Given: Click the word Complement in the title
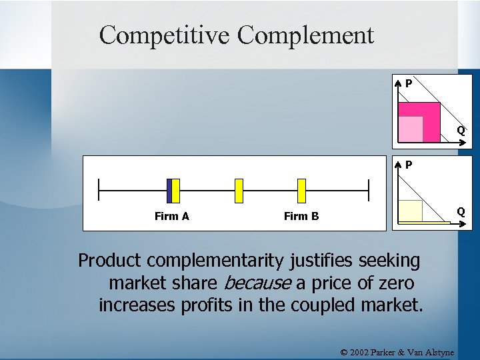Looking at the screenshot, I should pos(305,35).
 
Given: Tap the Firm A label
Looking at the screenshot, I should pos(171,216).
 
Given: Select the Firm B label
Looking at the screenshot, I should pos(301,216).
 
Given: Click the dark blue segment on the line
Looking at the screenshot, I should pos(169,190).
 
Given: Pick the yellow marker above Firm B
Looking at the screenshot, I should pos(301,190).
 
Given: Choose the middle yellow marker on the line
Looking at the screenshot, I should pos(239,190).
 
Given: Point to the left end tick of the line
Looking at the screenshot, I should pos(99,190).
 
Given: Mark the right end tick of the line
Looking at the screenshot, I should pos(368,190).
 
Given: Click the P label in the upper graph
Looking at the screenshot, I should pos(408,84).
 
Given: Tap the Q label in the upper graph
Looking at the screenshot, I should pos(460,130).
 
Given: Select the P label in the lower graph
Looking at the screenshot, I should pos(408,164).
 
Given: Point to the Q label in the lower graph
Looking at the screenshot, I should pos(460,212).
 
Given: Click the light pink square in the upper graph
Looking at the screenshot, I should pos(411,129).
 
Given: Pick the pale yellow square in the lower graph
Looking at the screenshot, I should pos(411,211).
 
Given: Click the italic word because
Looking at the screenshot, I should pos(257,283).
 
